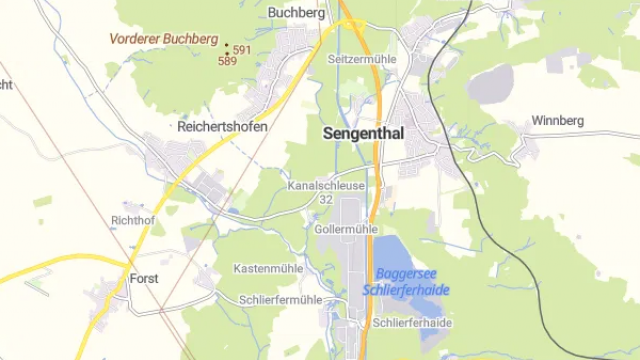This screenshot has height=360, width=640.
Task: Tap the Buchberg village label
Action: pyautogui.click(x=297, y=13)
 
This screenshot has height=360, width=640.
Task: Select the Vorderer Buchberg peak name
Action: pyautogui.click(x=164, y=39)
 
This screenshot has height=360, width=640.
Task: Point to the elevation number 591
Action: pyautogui.click(x=242, y=50)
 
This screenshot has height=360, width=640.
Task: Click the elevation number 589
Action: pyautogui.click(x=227, y=61)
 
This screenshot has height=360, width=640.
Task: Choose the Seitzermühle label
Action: pyautogui.click(x=362, y=60)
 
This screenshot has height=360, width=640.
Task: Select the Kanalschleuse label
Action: pyautogui.click(x=326, y=186)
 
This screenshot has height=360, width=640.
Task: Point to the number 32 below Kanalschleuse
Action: pyautogui.click(x=325, y=200)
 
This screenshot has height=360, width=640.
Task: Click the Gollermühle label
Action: pyautogui.click(x=345, y=229)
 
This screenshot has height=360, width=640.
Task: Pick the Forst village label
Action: pyautogui.click(x=144, y=279)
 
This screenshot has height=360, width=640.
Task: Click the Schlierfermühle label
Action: pyautogui.click(x=281, y=300)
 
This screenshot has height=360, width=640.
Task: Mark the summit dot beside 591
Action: pyautogui.click(x=227, y=46)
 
